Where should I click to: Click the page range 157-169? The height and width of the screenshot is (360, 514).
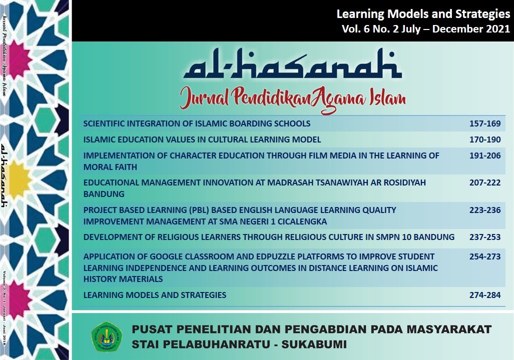(484, 123)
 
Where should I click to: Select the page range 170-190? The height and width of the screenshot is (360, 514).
(484, 139)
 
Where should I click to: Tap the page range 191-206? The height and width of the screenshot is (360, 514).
(484, 155)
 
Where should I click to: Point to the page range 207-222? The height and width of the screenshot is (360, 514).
(484, 182)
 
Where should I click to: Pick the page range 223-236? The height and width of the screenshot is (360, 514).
(484, 210)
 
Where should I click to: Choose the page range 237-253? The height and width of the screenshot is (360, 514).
(484, 237)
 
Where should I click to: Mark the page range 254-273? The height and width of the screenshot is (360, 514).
(484, 256)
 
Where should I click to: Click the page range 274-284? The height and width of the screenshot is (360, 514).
(484, 295)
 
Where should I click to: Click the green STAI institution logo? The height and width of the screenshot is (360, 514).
(106, 336)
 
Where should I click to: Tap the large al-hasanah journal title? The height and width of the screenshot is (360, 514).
(292, 65)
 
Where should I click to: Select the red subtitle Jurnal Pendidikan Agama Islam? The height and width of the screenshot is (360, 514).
(292, 97)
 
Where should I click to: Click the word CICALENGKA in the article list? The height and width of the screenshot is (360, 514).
(301, 221)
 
